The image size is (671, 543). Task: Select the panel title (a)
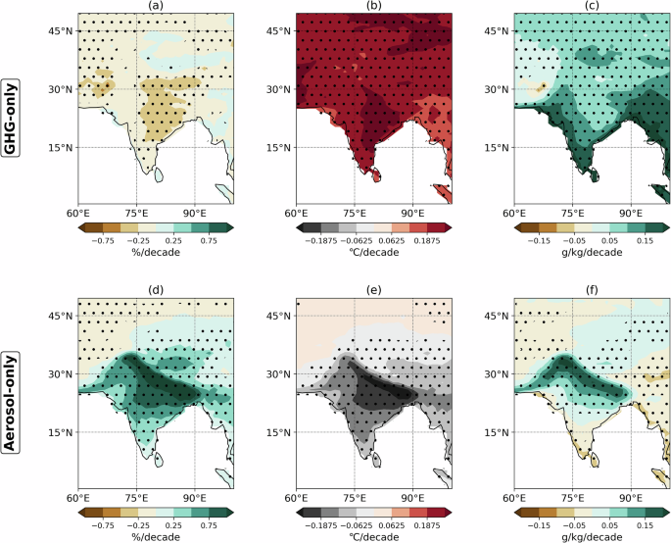[x=155, y=7]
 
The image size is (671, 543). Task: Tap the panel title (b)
[x=373, y=7]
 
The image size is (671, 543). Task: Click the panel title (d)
[x=155, y=291]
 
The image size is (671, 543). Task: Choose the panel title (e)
[x=373, y=291]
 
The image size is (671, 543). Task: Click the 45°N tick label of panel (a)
[x=60, y=31]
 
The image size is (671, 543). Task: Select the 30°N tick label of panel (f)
[x=496, y=374]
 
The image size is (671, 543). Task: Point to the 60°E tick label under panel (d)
[x=78, y=498]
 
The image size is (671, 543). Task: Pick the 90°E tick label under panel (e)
[x=411, y=498]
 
